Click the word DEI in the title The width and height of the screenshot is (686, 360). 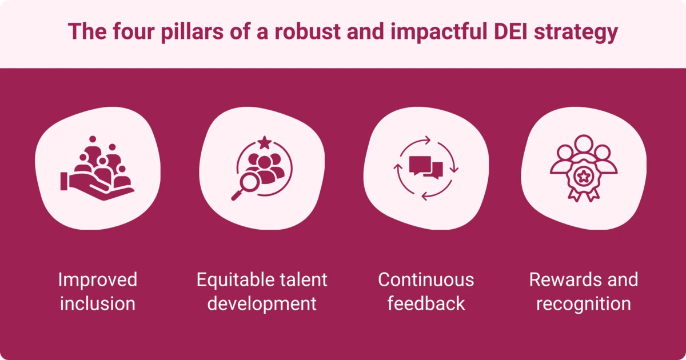[506, 32]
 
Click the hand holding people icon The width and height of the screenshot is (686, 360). [97, 168]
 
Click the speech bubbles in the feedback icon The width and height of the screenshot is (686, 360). [426, 167]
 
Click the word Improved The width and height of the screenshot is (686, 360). [98, 280]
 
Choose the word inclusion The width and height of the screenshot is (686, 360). [98, 303]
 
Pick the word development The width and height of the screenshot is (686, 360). [262, 303]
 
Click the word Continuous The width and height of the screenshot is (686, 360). [426, 280]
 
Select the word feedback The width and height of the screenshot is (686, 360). [426, 303]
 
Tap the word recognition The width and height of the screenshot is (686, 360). [583, 303]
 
